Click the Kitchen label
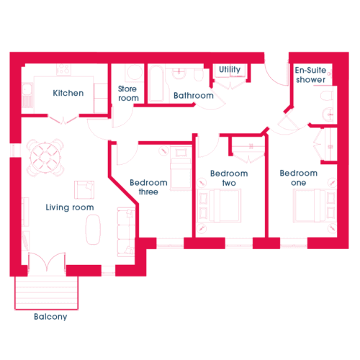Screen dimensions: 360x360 pyautogui.click(x=68, y=93)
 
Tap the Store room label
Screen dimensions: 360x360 pyautogui.click(x=128, y=94)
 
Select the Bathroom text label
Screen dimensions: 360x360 pyautogui.click(x=194, y=96)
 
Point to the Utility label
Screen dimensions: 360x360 pyautogui.click(x=230, y=70)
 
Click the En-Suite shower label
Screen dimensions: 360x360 pyautogui.click(x=310, y=75)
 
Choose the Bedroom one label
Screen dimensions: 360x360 pyautogui.click(x=299, y=178)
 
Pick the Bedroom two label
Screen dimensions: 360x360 pyautogui.click(x=229, y=178)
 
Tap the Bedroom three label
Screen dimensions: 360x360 pyautogui.click(x=148, y=187)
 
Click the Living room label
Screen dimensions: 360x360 pyautogui.click(x=70, y=207)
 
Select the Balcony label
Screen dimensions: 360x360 pyautogui.click(x=50, y=317)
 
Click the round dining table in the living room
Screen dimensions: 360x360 pyautogui.click(x=45, y=158)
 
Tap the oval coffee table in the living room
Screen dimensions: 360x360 pyautogui.click(x=93, y=230)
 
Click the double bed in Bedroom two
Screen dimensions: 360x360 pyautogui.click(x=219, y=206)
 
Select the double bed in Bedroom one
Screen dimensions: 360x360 pyautogui.click(x=315, y=205)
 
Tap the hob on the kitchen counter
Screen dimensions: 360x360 pyautogui.click(x=63, y=69)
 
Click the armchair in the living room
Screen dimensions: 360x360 pyautogui.click(x=84, y=190)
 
